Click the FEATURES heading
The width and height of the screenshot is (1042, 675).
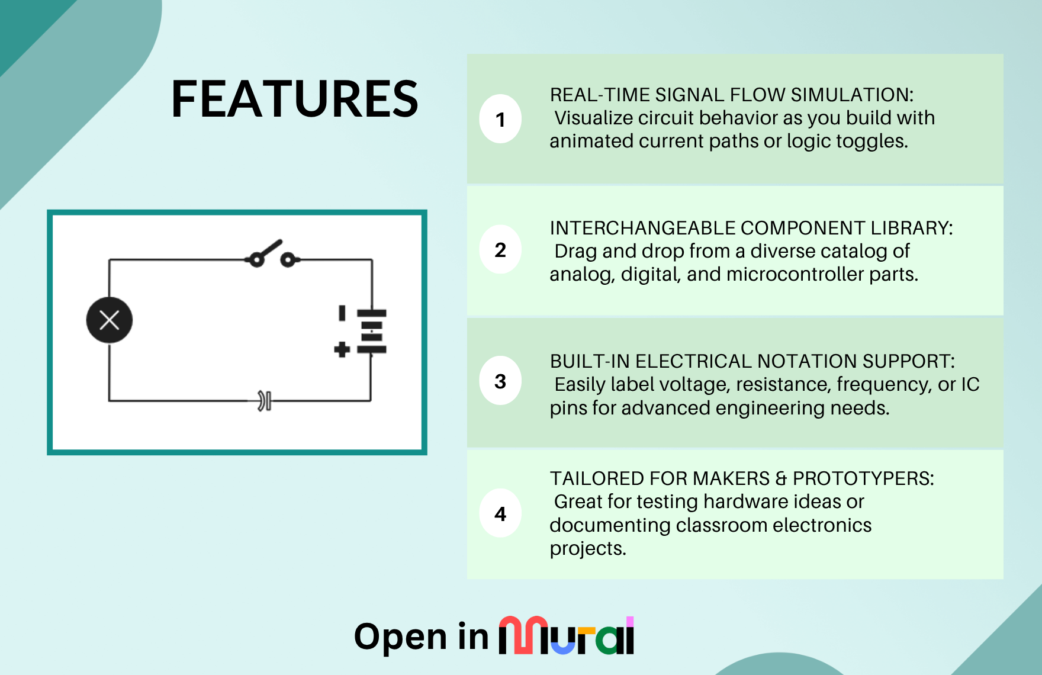coord(294,99)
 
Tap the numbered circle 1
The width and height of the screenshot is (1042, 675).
coord(500,119)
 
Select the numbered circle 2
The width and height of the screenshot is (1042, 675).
coord(500,249)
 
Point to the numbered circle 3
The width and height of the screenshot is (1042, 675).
coord(500,381)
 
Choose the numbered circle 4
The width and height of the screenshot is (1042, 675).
coord(500,513)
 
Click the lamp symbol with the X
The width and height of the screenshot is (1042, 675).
coord(110,320)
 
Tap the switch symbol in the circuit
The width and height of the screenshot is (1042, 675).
coord(272,255)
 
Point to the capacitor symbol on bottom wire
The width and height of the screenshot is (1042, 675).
coord(265,401)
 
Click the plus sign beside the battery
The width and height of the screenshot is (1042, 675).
coord(342,349)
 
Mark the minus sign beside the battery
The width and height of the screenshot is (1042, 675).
coord(342,313)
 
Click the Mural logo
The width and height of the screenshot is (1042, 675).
coord(567,635)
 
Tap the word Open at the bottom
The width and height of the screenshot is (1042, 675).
coord(401,638)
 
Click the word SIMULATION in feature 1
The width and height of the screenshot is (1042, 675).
coord(852,95)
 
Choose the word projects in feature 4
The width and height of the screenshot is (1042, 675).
coord(588,549)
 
